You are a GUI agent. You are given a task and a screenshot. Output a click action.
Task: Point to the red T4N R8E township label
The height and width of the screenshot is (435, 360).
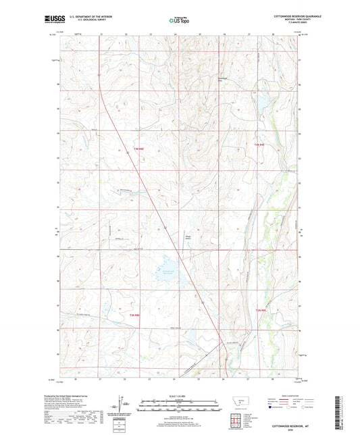coord(138,159)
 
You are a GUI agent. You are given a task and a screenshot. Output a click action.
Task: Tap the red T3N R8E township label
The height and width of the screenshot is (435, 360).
coord(135,315)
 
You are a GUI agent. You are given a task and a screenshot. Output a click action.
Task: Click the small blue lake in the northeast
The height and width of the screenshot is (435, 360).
coord(259,103)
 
